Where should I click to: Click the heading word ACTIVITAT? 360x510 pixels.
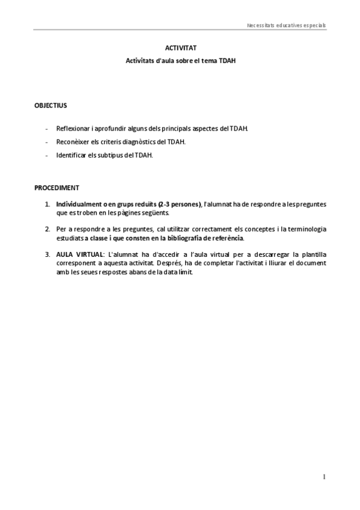pyautogui.click(x=180, y=48)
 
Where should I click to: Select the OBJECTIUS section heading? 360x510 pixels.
pyautogui.click(x=50, y=105)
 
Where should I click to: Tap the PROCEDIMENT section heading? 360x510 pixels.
pyautogui.click(x=56, y=188)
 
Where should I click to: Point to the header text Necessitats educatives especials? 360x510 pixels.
pyautogui.click(x=286, y=26)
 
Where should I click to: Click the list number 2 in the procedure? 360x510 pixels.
pyautogui.click(x=47, y=229)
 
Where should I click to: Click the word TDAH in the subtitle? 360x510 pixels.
pyautogui.click(x=227, y=60)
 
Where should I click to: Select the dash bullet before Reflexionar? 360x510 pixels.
pyautogui.click(x=47, y=129)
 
